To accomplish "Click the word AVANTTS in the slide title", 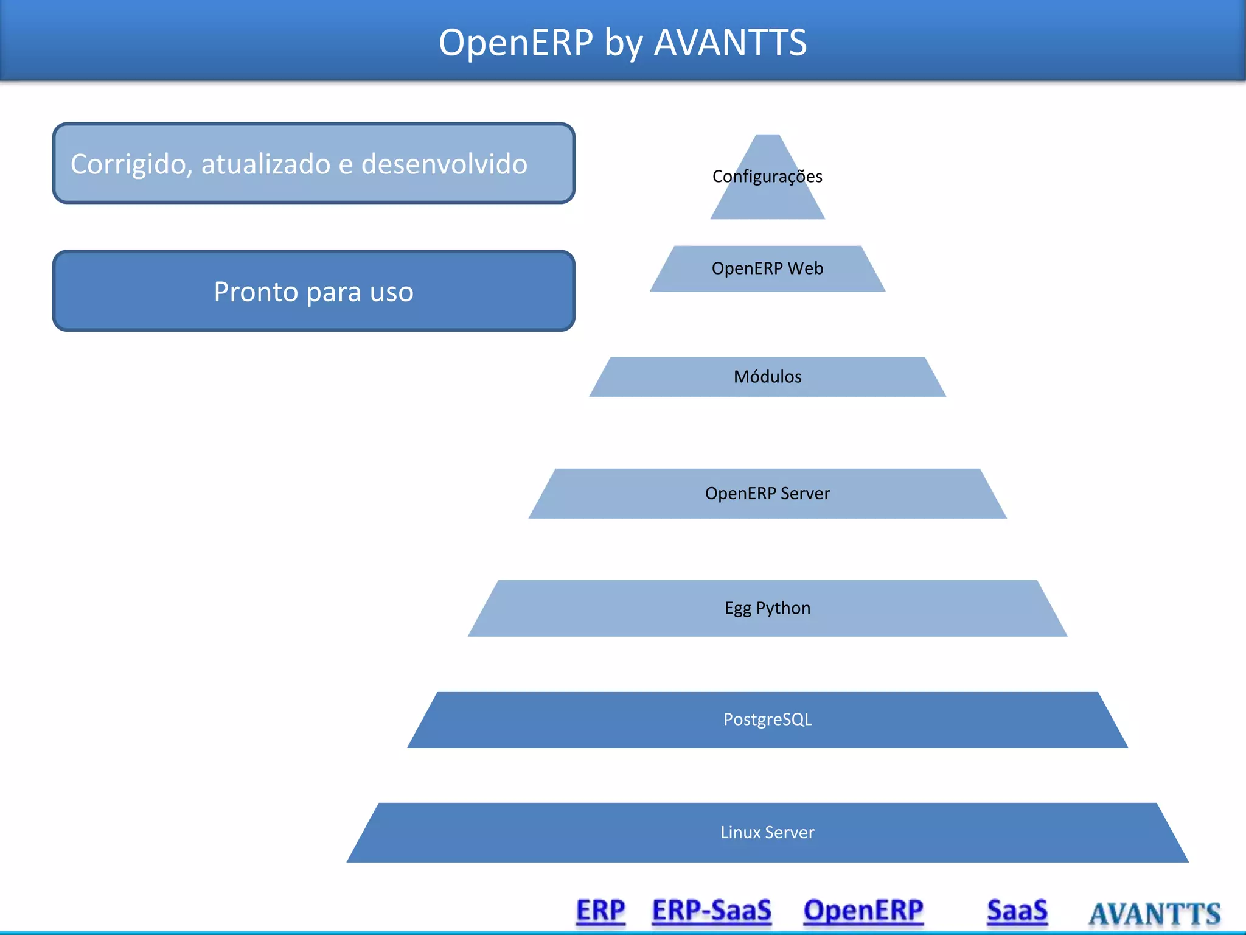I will click(x=730, y=43).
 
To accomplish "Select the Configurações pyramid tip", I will click(x=767, y=177).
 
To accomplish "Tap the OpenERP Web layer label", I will click(x=767, y=268).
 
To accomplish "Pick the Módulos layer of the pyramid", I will click(x=767, y=377).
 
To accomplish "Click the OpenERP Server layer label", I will click(x=767, y=493).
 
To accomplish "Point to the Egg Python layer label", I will click(x=767, y=608).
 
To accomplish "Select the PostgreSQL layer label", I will click(x=767, y=720).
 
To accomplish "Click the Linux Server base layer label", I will click(x=767, y=832).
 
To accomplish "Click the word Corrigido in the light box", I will click(x=128, y=164).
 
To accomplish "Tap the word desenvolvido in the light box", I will click(x=444, y=164).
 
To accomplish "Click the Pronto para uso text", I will click(x=313, y=292).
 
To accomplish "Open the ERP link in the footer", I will click(x=600, y=911).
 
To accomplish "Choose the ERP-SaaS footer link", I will click(x=711, y=911).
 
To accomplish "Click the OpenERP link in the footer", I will click(x=863, y=911).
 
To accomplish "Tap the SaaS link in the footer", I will click(x=1017, y=911).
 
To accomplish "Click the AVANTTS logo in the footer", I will click(x=1154, y=914).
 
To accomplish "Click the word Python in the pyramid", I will click(x=783, y=608).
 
